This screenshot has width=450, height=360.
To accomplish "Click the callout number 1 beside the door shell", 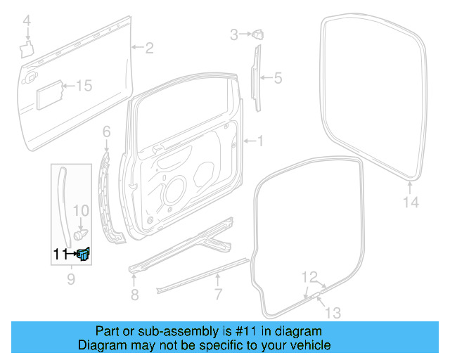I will tap(259, 141).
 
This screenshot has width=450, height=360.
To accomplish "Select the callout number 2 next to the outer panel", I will tap(148, 48).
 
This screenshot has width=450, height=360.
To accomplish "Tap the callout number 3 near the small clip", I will tap(234, 33).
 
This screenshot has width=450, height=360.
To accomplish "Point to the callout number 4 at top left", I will tap(27, 23).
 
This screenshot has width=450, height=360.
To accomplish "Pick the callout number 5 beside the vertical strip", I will tap(277, 78).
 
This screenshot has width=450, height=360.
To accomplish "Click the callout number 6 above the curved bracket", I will tap(107, 131).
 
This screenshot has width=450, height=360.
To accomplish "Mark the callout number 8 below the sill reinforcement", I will tap(134, 293).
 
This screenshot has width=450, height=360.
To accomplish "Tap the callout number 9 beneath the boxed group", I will tap(70, 281).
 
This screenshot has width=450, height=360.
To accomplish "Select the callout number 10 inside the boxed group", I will tap(82, 210).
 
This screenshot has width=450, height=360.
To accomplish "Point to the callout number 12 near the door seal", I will tap(310, 276).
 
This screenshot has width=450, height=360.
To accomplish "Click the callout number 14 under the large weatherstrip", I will tap(411, 202).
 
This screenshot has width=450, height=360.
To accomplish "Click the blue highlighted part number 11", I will tap(84, 254).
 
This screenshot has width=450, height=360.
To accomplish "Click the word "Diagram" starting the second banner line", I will tap(101, 345).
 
